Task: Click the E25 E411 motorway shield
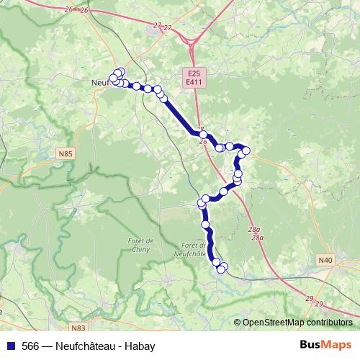point(193,78)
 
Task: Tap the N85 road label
point(66,153)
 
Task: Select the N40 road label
point(326,259)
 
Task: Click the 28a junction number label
point(256,232)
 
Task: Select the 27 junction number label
point(163,27)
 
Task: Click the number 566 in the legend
point(31,346)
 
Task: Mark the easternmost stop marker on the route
point(246,150)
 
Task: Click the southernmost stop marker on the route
point(220,270)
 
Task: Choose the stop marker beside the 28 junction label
point(204,135)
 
